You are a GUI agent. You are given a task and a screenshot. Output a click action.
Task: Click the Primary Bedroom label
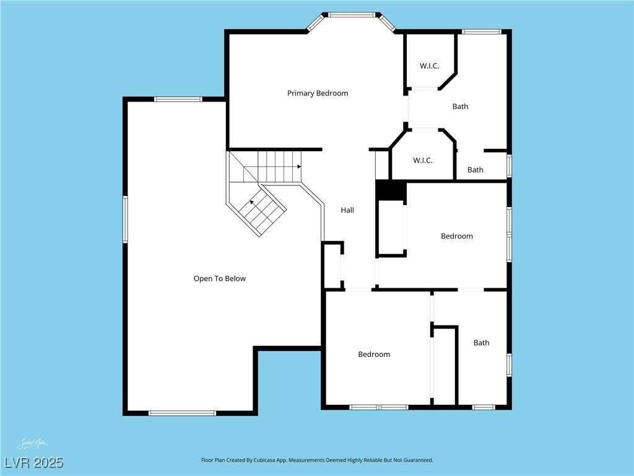(x=318, y=93)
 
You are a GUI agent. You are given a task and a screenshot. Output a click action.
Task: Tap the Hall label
(x=347, y=210)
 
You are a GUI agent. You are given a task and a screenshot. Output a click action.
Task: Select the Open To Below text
(x=220, y=278)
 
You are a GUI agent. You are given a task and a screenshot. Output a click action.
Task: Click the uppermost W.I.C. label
(x=429, y=66)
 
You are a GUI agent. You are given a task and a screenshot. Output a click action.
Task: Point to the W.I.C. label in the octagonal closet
(x=422, y=161)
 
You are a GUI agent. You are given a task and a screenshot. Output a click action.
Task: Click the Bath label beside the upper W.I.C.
(x=460, y=107)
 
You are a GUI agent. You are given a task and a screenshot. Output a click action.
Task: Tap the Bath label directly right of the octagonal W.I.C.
(x=475, y=170)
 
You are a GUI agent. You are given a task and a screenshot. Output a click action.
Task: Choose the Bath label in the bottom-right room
(x=481, y=343)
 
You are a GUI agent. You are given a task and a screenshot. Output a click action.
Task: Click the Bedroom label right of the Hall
(x=457, y=236)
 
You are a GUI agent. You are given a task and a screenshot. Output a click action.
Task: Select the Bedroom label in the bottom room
(x=374, y=355)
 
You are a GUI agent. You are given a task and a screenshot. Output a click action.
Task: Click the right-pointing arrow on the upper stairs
(x=298, y=167)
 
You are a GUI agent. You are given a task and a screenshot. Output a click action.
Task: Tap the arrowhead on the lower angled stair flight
(x=253, y=202)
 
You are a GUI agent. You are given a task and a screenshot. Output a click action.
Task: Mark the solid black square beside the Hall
(x=390, y=190)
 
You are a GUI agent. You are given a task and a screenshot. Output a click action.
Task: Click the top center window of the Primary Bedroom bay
(x=352, y=14)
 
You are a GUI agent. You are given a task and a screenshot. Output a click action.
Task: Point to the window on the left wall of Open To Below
(x=125, y=219)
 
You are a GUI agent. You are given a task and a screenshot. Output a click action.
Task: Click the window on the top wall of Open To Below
(x=178, y=99)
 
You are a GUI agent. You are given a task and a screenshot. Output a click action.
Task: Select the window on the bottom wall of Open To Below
(x=182, y=413)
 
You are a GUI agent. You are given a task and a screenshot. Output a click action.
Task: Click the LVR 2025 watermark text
(x=33, y=462)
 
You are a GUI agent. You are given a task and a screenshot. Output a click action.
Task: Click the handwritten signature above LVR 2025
(x=32, y=444)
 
